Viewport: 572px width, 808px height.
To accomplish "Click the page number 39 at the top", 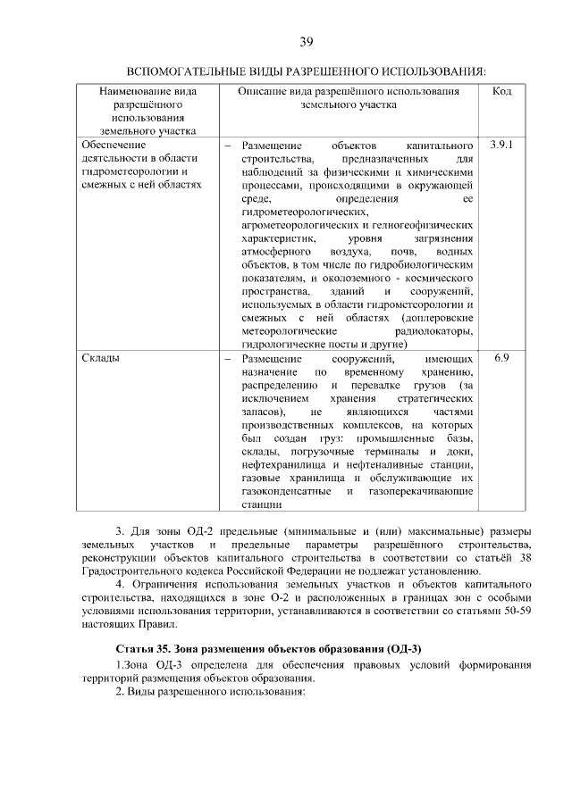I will point(306,42).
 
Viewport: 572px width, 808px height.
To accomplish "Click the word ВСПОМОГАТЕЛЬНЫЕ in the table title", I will point(184,71).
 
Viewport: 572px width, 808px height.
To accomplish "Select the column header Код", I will point(500,92).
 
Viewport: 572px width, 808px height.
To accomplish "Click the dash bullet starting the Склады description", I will point(228,358).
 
